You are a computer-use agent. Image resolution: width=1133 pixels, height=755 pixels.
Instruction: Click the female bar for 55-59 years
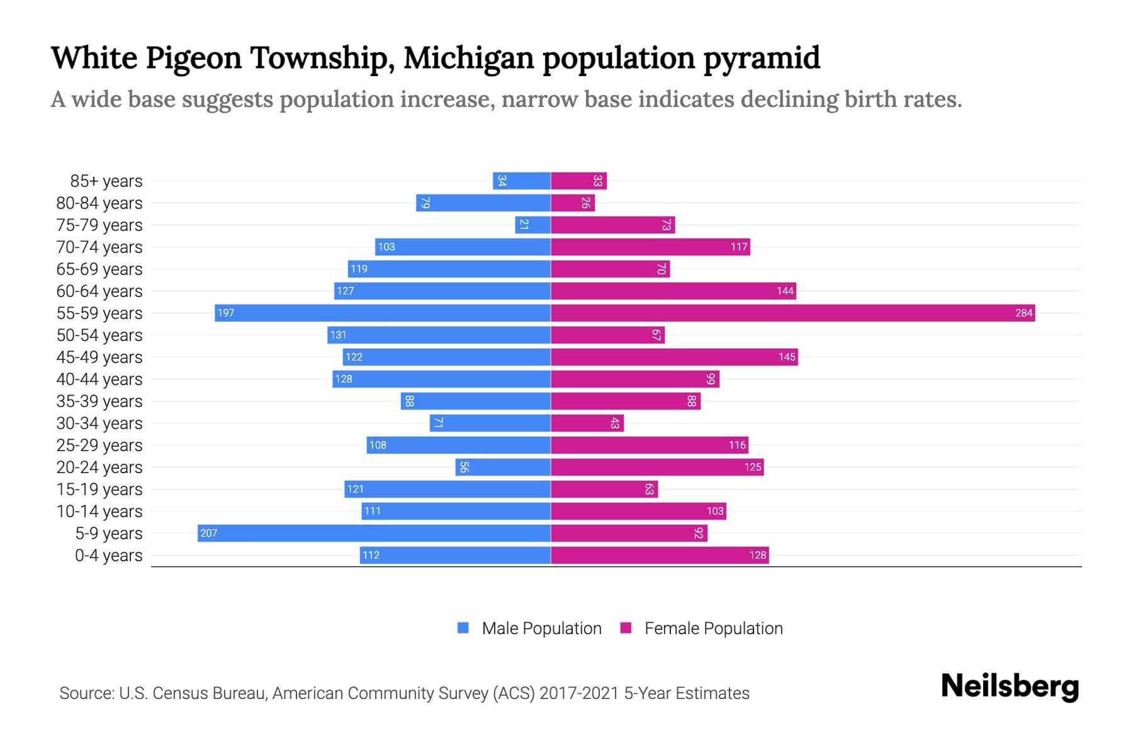tap(793, 313)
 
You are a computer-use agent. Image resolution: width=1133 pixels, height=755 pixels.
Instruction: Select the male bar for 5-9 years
tap(374, 533)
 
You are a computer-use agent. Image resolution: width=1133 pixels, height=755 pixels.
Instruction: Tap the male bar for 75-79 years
tap(533, 225)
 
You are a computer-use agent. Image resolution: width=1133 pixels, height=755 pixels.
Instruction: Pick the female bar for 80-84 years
tap(573, 203)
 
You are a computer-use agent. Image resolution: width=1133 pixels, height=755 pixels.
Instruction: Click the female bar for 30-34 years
tap(587, 423)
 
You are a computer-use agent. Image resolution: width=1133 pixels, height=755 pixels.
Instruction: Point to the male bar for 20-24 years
tap(503, 467)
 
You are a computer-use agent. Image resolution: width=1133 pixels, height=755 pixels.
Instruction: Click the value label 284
tap(1023, 313)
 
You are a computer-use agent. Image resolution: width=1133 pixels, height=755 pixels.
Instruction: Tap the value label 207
tap(208, 533)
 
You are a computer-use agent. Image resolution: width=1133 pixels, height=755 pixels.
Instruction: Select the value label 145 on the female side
tap(787, 357)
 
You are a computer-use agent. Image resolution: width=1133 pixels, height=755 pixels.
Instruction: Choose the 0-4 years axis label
tap(108, 556)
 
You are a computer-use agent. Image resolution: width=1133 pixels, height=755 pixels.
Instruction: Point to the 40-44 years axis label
tap(99, 379)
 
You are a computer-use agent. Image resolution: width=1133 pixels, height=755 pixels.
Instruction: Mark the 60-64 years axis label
tap(99, 291)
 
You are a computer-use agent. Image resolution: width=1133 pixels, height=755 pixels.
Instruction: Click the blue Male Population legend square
tap(463, 628)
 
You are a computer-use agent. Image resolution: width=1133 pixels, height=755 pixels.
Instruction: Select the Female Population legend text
tap(713, 628)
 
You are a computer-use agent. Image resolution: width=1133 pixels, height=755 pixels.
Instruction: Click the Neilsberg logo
tap(1010, 686)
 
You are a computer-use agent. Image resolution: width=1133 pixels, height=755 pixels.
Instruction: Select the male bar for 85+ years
tap(521, 181)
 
